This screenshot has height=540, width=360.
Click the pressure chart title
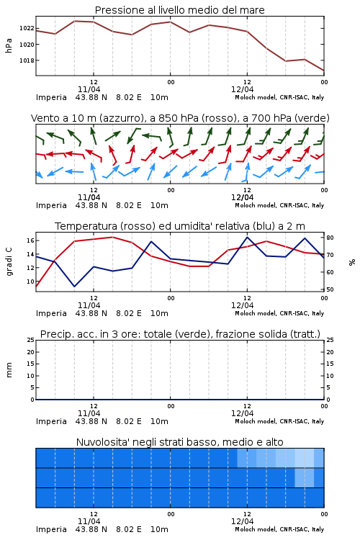[179, 10]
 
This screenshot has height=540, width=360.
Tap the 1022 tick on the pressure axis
[27, 28]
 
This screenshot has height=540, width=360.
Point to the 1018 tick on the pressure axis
[27, 60]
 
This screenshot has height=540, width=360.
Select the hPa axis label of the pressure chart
[9, 45]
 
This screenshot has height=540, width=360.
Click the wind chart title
[180, 118]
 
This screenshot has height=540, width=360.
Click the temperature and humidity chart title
[180, 226]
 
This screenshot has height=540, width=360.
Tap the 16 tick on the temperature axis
[30, 240]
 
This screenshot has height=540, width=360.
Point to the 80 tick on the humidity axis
[330, 238]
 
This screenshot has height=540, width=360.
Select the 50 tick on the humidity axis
[330, 289]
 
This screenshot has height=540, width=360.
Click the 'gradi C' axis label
[9, 262]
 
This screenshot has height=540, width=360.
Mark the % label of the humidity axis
[352, 262]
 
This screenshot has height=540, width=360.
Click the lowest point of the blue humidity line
[74, 287]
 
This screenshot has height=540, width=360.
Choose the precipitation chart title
[180, 334]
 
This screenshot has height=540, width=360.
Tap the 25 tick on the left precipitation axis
[30, 340]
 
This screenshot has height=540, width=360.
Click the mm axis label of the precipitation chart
[9, 370]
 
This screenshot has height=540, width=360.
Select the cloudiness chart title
[179, 442]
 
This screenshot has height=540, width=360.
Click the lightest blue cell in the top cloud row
[305, 458]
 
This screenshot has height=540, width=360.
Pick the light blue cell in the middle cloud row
[305, 477]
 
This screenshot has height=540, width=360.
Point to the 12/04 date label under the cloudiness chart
[242, 521]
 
